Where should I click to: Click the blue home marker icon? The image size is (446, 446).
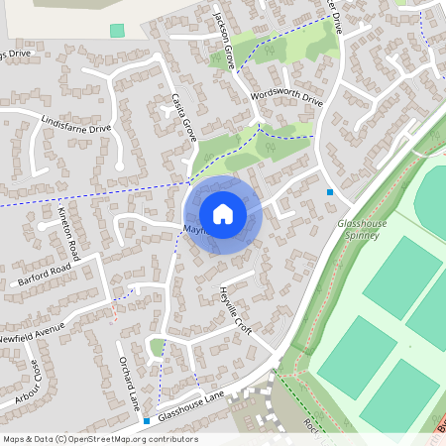223,214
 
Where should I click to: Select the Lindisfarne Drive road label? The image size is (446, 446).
76,125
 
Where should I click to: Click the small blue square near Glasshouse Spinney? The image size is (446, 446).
330,192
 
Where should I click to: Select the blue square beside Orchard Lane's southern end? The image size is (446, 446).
147,421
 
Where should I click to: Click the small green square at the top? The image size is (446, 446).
118,31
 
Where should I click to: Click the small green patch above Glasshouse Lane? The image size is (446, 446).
157,347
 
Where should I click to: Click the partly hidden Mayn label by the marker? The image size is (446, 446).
190,230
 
